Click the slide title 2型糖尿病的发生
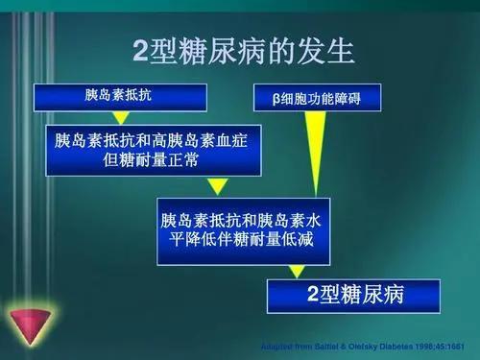point(240,48)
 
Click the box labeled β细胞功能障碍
point(316,98)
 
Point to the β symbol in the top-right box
point(276,98)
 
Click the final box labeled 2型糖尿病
point(351,296)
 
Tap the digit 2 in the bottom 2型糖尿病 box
point(312,296)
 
